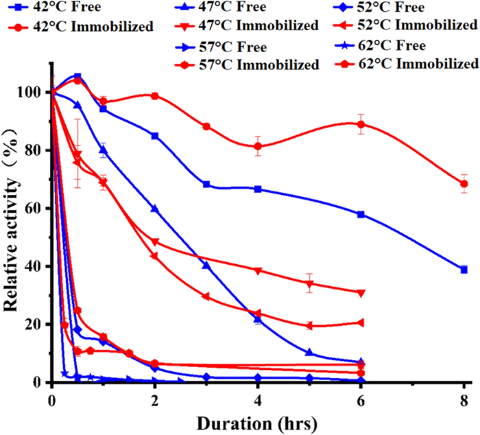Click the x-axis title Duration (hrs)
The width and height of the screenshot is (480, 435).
[x=256, y=417]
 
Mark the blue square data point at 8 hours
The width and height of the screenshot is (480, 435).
[x=464, y=270]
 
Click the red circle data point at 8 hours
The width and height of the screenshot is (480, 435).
[x=464, y=184]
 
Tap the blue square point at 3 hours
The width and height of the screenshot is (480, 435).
[x=206, y=185]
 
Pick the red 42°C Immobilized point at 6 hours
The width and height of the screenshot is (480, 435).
[x=361, y=124]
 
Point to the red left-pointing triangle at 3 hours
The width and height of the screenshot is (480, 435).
[x=206, y=296]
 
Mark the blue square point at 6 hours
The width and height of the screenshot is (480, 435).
[x=361, y=215]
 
